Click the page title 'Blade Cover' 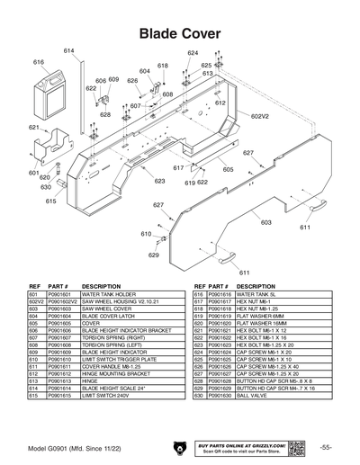point(180,32)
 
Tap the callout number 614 point(67,49)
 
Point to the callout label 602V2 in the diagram point(259,116)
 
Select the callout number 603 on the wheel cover point(265,222)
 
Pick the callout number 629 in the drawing point(153,255)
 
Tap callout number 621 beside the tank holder point(34,128)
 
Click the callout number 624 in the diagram point(193,53)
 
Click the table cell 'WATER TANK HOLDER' point(111,293)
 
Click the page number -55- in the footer point(326,447)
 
